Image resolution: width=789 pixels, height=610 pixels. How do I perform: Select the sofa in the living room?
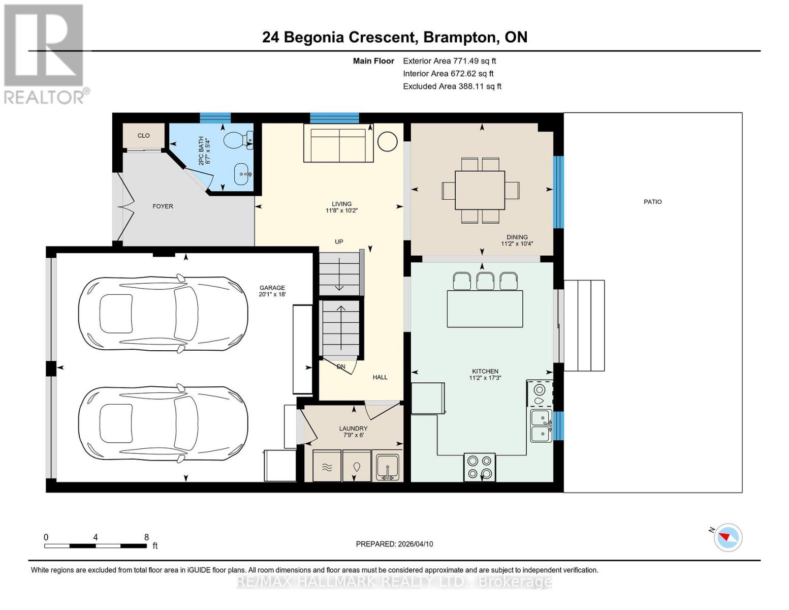pos(339,145)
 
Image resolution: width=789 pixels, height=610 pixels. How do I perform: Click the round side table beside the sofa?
pos(388,142)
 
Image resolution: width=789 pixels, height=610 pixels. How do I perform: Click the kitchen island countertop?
pos(485,309)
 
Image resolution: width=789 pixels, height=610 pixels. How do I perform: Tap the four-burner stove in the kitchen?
pos(480,467)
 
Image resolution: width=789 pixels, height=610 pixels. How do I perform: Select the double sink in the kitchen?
pos(541,426)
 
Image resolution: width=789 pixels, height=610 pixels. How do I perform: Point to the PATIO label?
pos(652,202)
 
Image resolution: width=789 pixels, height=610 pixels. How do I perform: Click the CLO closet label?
pos(144,136)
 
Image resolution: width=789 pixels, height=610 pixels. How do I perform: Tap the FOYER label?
pos(163,206)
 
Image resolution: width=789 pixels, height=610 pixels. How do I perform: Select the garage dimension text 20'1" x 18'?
pos(272,294)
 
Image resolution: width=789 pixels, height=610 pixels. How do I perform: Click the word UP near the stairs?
pos(339,242)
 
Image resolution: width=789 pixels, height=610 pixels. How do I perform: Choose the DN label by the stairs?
pos(341,367)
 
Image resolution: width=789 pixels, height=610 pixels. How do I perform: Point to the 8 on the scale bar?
pos(146,537)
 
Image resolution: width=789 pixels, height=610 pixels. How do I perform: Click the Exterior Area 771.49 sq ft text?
pos(449,61)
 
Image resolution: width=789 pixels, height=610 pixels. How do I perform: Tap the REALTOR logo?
pos(45,53)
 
